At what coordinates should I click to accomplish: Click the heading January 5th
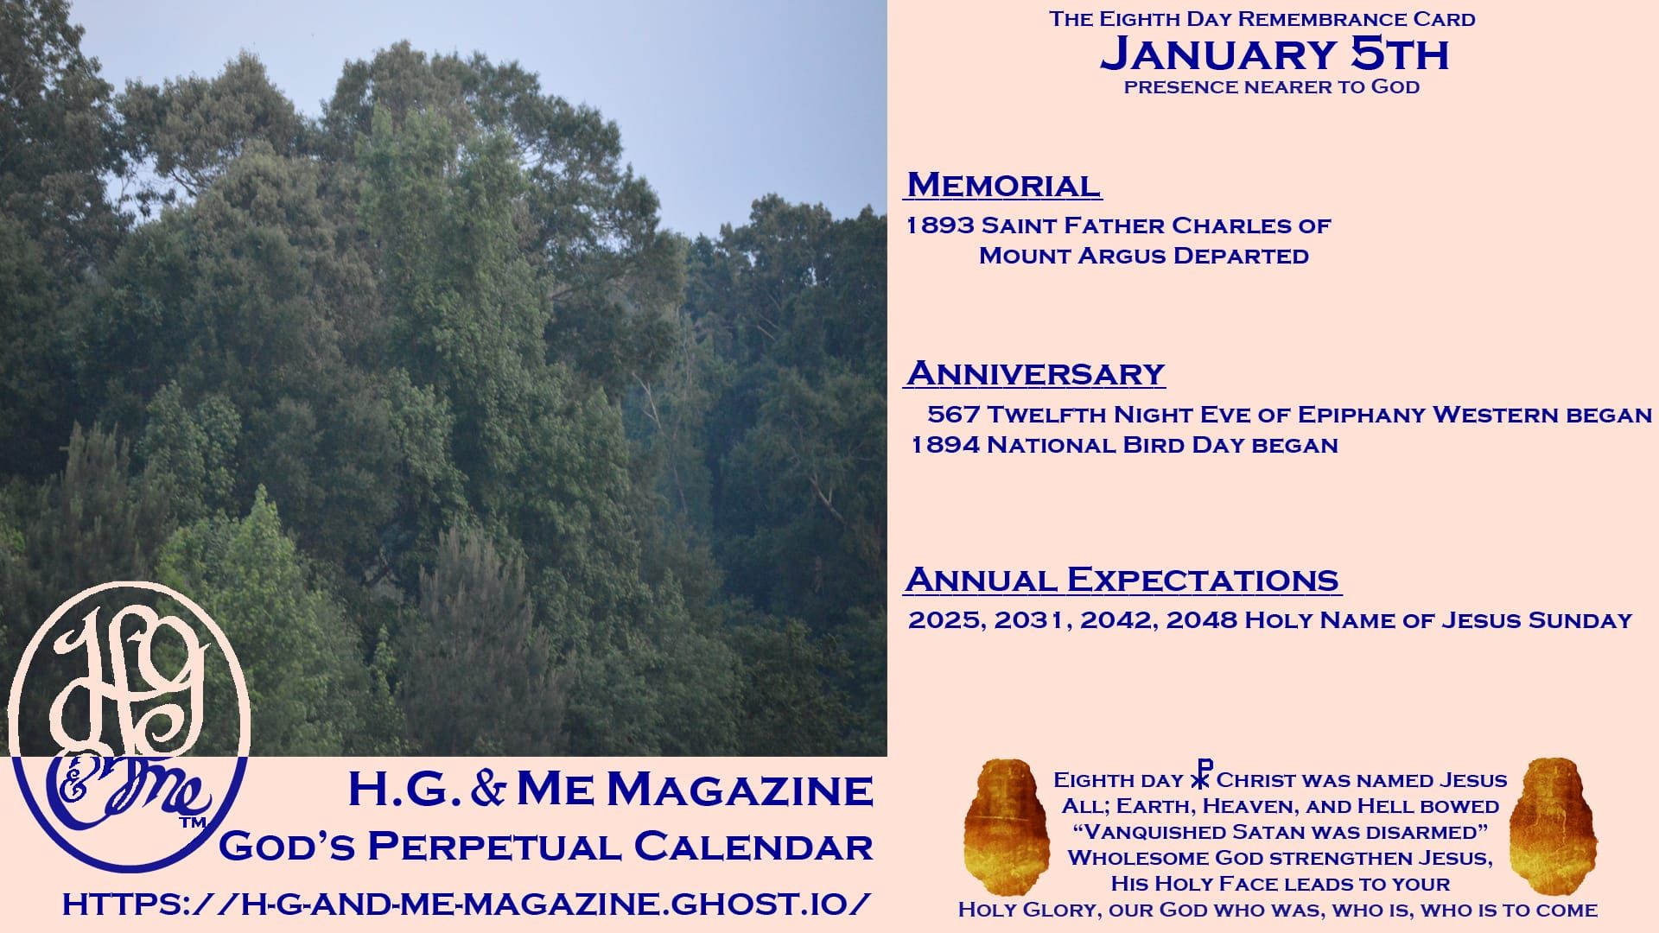tap(1274, 54)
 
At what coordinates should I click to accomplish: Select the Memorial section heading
tap(1003, 185)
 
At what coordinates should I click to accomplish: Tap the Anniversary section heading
tap(1035, 373)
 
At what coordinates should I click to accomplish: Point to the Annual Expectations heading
tap(1122, 579)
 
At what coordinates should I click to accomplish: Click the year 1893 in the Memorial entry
tap(939, 226)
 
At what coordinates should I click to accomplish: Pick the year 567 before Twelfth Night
tap(953, 415)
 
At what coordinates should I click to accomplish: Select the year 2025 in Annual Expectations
tap(944, 621)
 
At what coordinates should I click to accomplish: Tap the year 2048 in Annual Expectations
tap(1201, 621)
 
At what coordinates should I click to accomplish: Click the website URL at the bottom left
tap(466, 904)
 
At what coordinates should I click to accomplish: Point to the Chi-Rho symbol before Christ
tap(1201, 775)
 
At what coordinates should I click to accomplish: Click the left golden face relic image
tap(1001, 816)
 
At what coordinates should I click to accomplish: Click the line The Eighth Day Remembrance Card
tap(1262, 19)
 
